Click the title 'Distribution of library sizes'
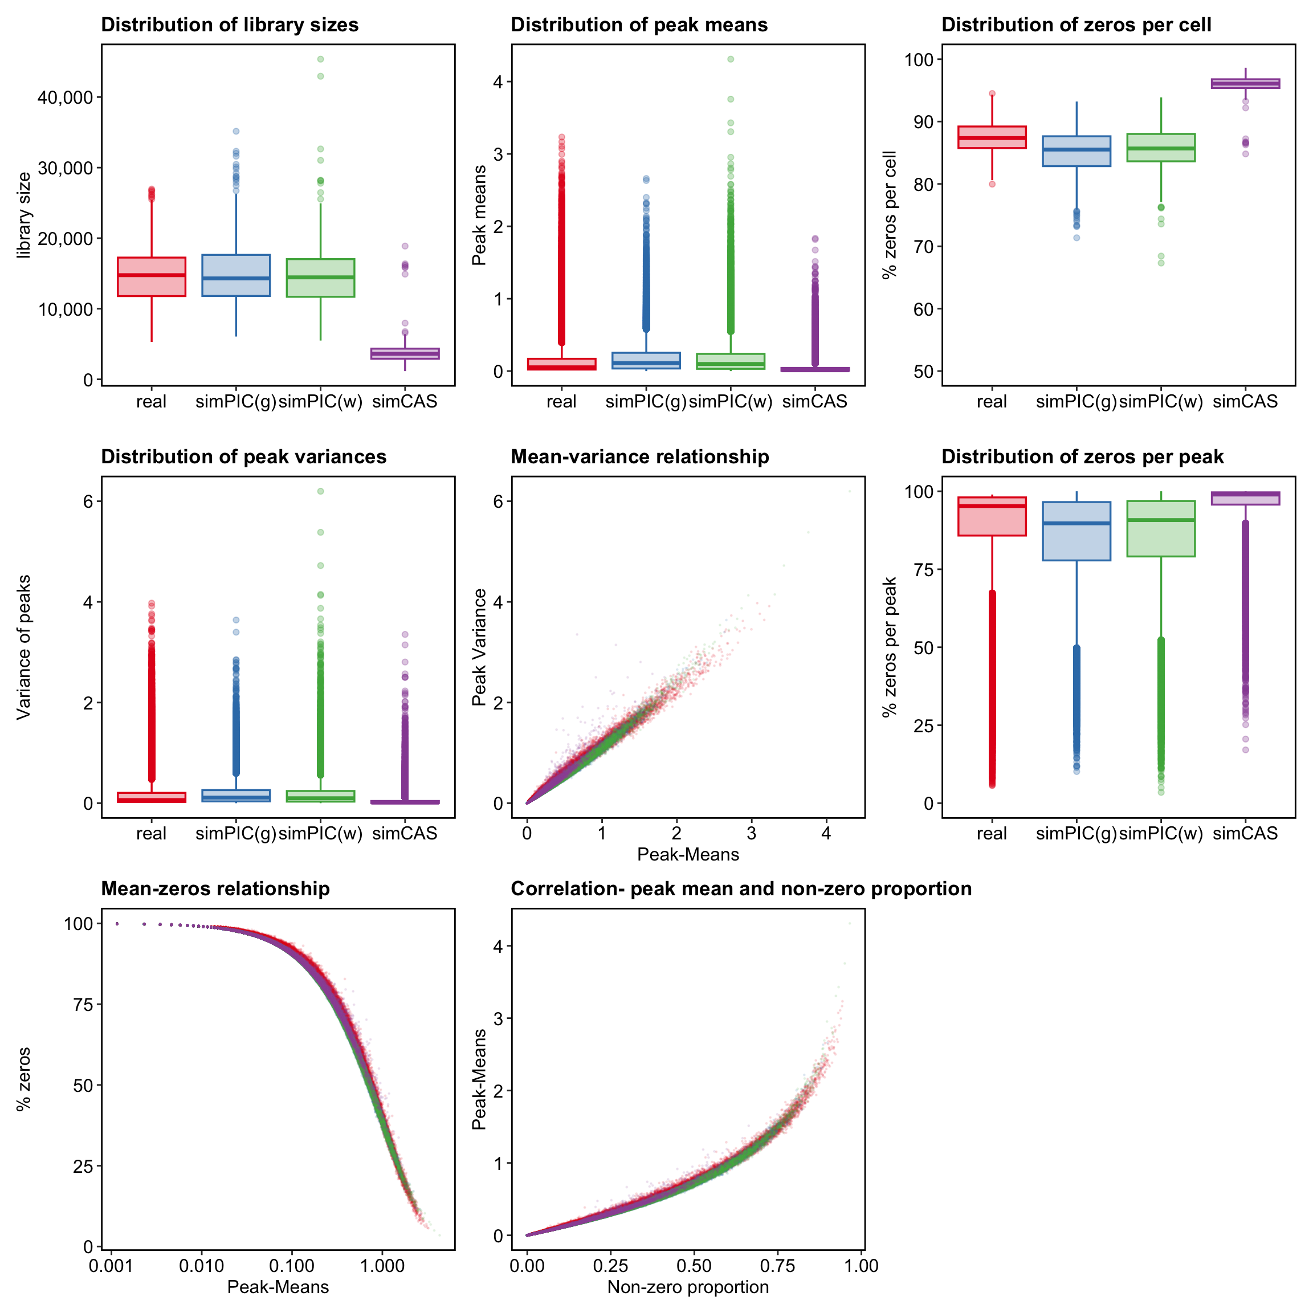230,25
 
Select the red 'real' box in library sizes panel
152,276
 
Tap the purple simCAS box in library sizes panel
405,353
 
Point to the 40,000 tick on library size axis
65,97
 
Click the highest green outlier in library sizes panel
321,59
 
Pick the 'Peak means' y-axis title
479,215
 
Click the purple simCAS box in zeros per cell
1245,84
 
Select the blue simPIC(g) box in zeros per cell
1077,151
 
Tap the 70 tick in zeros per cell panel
920,247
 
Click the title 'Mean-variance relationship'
639,456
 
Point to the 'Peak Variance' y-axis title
479,647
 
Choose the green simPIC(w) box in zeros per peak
1161,529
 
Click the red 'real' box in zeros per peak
992,516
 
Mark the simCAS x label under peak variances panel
405,833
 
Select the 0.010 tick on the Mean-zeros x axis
201,1266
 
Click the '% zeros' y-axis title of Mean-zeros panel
25,1079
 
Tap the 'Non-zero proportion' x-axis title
688,1286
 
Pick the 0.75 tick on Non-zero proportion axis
777,1266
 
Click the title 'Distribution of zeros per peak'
1082,456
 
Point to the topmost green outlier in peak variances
321,491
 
